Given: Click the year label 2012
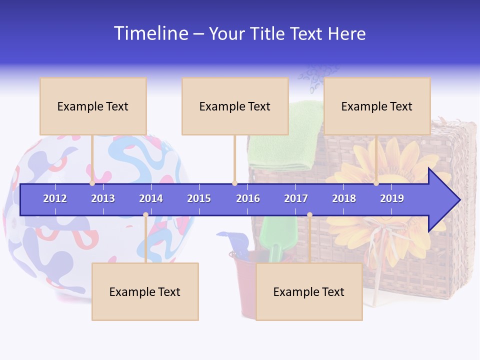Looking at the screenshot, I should (55, 198).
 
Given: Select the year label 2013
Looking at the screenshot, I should (103, 198).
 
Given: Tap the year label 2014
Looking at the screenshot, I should (151, 198).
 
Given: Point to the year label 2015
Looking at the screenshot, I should (199, 198).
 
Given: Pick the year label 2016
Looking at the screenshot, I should (248, 198).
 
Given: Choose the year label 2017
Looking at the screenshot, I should (296, 198).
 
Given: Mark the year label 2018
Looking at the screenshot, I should (344, 198).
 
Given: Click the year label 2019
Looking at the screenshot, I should (392, 198).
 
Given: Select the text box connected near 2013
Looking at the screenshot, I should (93, 106).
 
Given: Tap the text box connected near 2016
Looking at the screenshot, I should (235, 106).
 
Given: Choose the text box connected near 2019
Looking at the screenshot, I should (377, 106).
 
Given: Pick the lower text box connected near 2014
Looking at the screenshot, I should (145, 292).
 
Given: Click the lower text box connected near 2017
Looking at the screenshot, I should (309, 292).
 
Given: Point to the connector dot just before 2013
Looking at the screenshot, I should (92, 183).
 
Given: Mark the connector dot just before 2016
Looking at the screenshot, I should (234, 183).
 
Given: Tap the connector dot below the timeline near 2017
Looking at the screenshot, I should (309, 215).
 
